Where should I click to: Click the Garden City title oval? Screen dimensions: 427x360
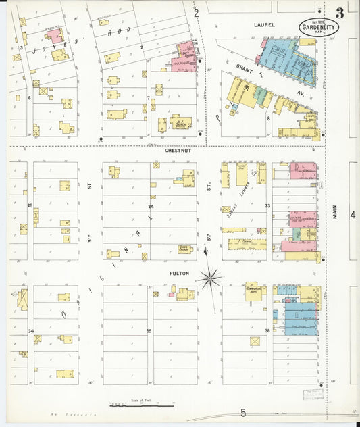coord(319,28)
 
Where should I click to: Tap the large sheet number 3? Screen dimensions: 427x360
coord(339,11)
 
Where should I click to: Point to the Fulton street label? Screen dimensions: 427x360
coord(179,274)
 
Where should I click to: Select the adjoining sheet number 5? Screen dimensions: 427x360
coord(243,412)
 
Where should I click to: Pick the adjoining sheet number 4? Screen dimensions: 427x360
coord(352,215)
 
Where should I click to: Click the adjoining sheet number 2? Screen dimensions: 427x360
coord(196,12)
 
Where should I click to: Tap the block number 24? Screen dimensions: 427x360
coord(151,206)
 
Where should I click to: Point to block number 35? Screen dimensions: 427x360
coord(149,331)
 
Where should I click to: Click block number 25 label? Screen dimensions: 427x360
coord(30,205)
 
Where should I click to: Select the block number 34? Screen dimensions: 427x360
coord(30,330)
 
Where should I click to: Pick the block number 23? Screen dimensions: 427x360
coord(267,205)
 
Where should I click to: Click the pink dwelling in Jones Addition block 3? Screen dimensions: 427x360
coord(53,36)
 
